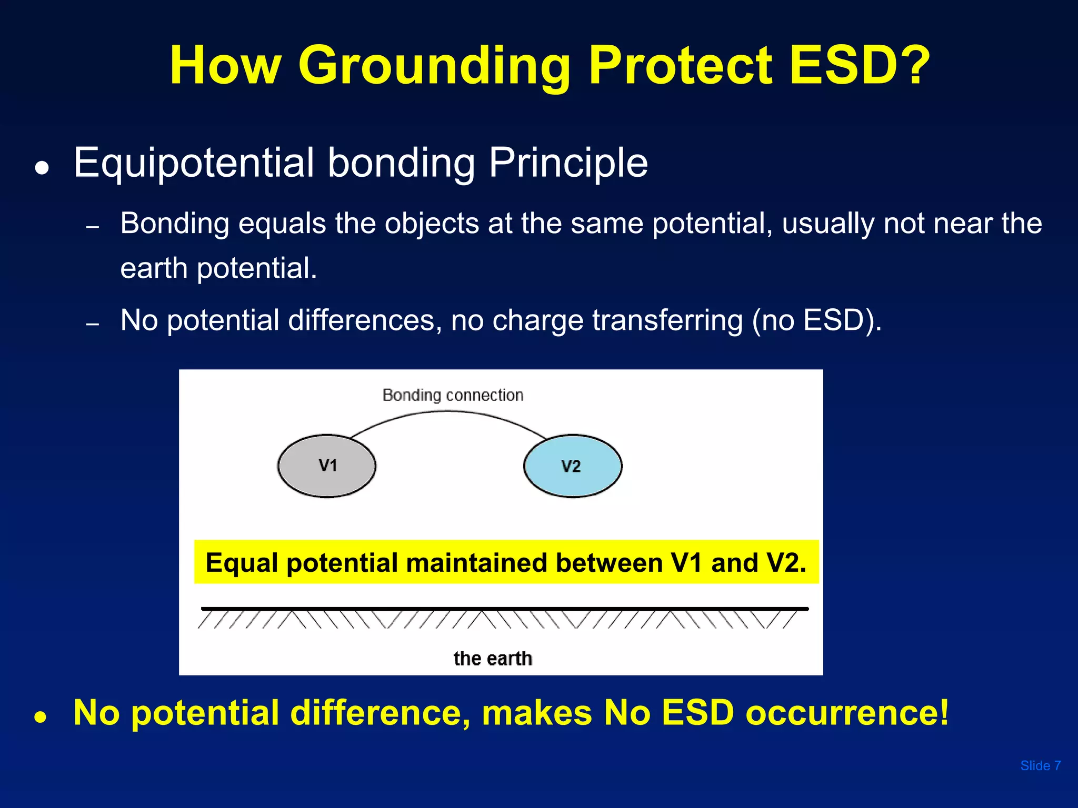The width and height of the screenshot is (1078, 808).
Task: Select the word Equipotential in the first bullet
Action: point(194,164)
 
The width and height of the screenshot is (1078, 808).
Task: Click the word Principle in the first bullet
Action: point(568,164)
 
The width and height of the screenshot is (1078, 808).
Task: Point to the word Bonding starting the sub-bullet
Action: point(174,224)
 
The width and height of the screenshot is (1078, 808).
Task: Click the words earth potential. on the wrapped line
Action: point(218,268)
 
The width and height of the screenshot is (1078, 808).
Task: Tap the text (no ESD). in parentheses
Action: point(816,320)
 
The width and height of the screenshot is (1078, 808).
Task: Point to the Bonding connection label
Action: point(453,395)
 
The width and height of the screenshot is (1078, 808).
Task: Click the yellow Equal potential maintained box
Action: point(506,562)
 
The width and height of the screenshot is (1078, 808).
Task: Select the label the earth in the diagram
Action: point(493,659)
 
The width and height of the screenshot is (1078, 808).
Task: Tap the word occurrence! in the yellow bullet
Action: point(847,713)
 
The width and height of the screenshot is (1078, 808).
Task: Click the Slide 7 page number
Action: point(1040,766)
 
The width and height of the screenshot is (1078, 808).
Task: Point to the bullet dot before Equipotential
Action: point(42,168)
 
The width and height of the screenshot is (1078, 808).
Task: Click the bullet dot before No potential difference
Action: point(42,717)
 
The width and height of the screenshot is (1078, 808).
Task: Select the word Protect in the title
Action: point(680,65)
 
